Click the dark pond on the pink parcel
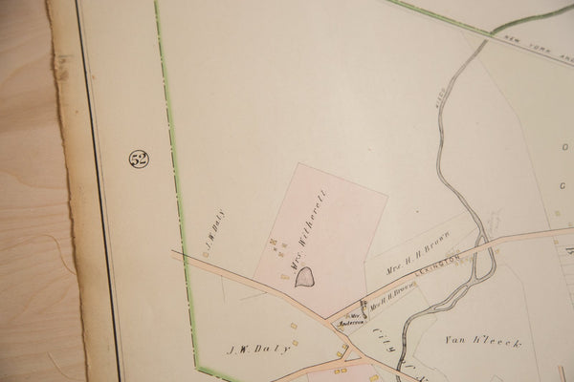[305, 278]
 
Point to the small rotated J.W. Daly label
[212, 227]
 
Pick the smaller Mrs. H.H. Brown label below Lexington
[392, 298]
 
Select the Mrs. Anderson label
[354, 319]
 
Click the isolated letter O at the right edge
[564, 148]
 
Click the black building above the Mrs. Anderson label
[364, 305]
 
